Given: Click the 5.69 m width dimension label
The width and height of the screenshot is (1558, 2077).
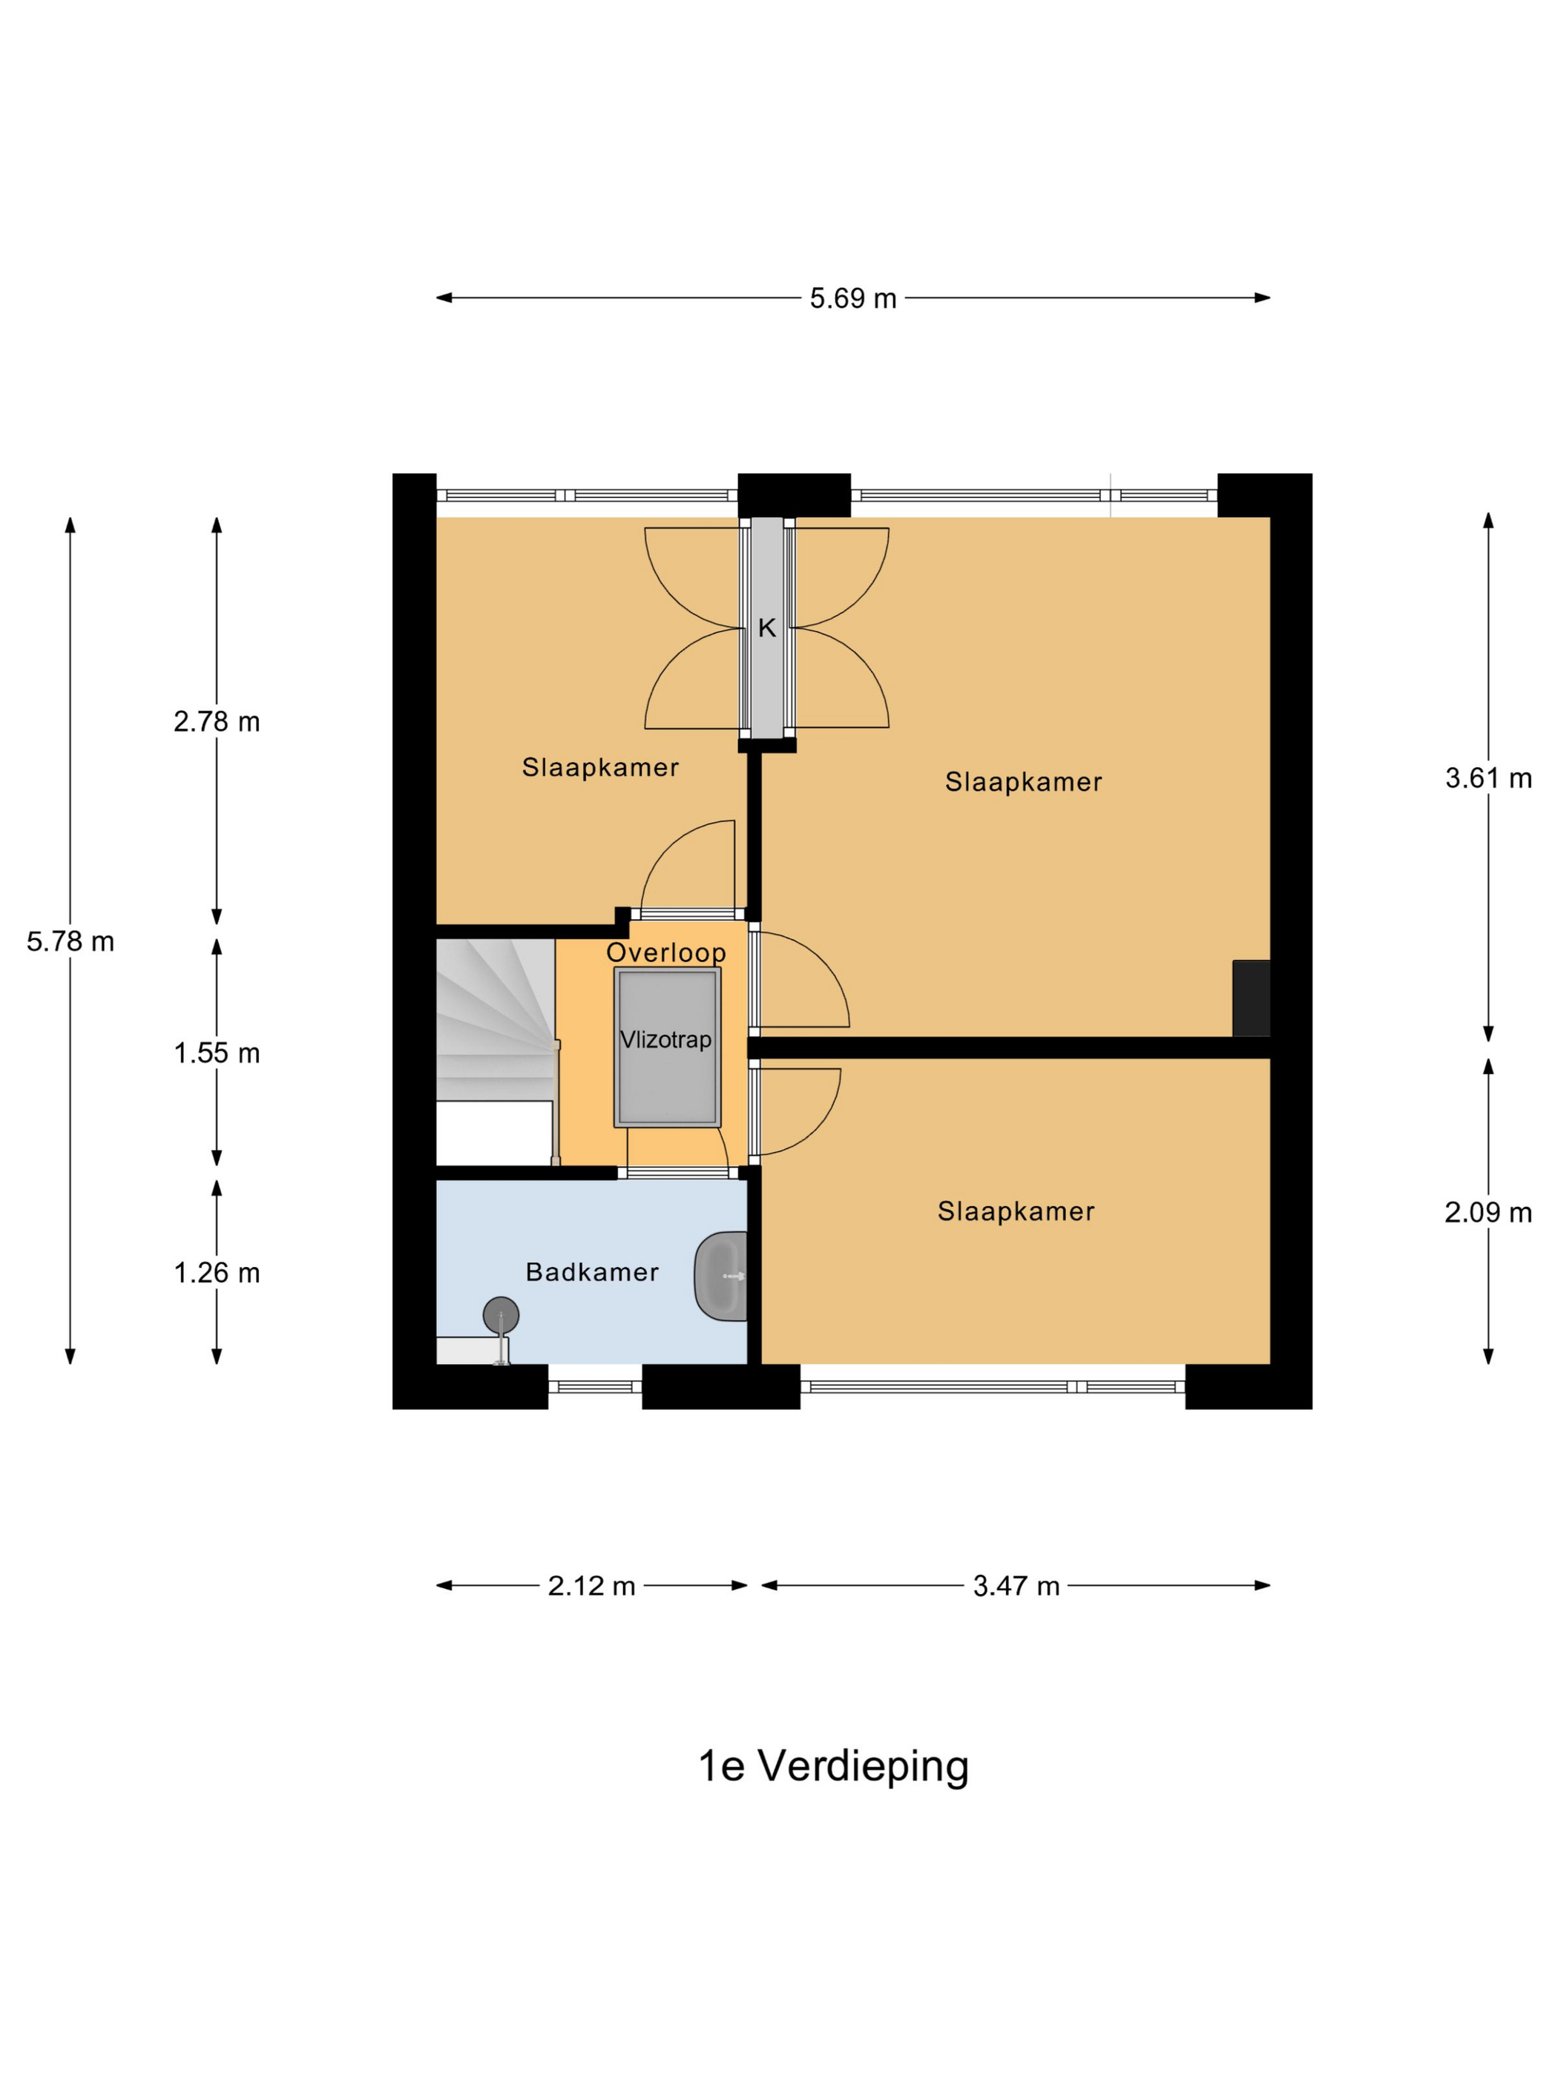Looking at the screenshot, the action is pyautogui.click(x=852, y=299).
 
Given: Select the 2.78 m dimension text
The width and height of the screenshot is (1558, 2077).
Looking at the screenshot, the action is pyautogui.click(x=217, y=721).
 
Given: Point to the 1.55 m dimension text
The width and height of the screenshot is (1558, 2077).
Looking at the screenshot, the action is pyautogui.click(x=217, y=1053).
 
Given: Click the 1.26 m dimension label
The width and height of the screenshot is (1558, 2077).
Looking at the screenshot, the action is pyautogui.click(x=217, y=1272).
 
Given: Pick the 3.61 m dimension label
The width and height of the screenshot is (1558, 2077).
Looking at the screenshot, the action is pyautogui.click(x=1488, y=777).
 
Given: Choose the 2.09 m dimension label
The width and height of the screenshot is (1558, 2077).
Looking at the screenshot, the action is pyautogui.click(x=1488, y=1212).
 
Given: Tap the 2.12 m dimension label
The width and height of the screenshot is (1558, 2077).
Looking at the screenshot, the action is pyautogui.click(x=591, y=1586).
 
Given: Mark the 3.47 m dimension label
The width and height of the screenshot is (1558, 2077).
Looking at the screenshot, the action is pyautogui.click(x=1016, y=1586).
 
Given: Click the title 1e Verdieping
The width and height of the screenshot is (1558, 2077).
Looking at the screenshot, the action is pyautogui.click(x=833, y=1766).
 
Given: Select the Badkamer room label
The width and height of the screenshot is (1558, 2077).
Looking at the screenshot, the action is pyautogui.click(x=591, y=1272).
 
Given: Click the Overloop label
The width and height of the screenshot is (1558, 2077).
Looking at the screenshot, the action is pyautogui.click(x=665, y=952).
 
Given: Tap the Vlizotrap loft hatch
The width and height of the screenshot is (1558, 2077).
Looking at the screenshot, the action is pyautogui.click(x=667, y=1047).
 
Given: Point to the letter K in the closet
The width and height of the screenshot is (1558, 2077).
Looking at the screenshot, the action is pyautogui.click(x=767, y=628).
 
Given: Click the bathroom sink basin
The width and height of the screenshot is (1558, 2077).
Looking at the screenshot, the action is pyautogui.click(x=720, y=1276).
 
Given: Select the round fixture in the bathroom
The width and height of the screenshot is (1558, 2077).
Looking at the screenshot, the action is pyautogui.click(x=501, y=1315).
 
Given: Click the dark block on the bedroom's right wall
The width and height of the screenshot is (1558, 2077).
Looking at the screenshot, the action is pyautogui.click(x=1251, y=998).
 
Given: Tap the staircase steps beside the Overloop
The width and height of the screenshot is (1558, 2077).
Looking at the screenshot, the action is pyautogui.click(x=496, y=1020).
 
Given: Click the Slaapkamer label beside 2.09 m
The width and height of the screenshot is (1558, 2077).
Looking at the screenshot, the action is pyautogui.click(x=1016, y=1211).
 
